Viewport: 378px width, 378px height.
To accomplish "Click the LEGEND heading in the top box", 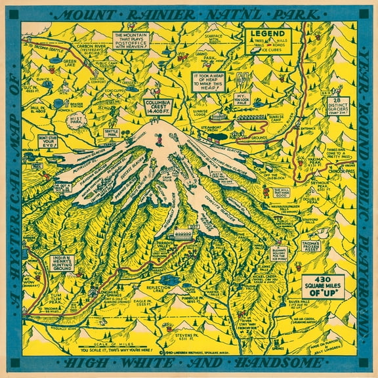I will point(266,33).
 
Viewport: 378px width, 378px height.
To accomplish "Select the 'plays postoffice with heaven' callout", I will point(133,41).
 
